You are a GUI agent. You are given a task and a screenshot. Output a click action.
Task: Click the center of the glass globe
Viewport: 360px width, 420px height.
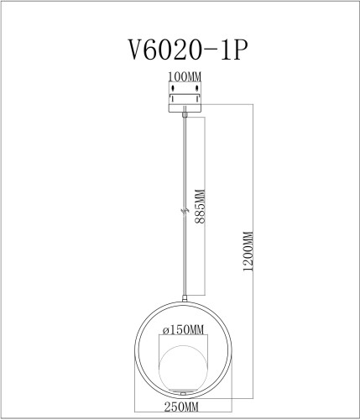tap(183, 362)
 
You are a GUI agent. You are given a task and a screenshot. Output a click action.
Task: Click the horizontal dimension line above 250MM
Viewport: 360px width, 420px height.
tap(183, 398)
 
